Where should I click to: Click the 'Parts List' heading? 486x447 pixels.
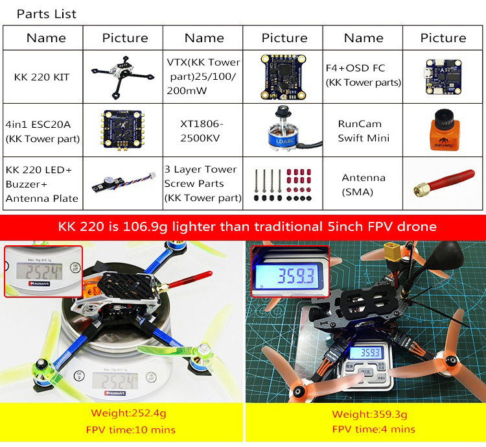click(46, 14)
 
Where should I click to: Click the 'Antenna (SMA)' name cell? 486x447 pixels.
click(364, 184)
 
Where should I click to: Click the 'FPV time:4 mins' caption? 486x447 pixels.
click(364, 429)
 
